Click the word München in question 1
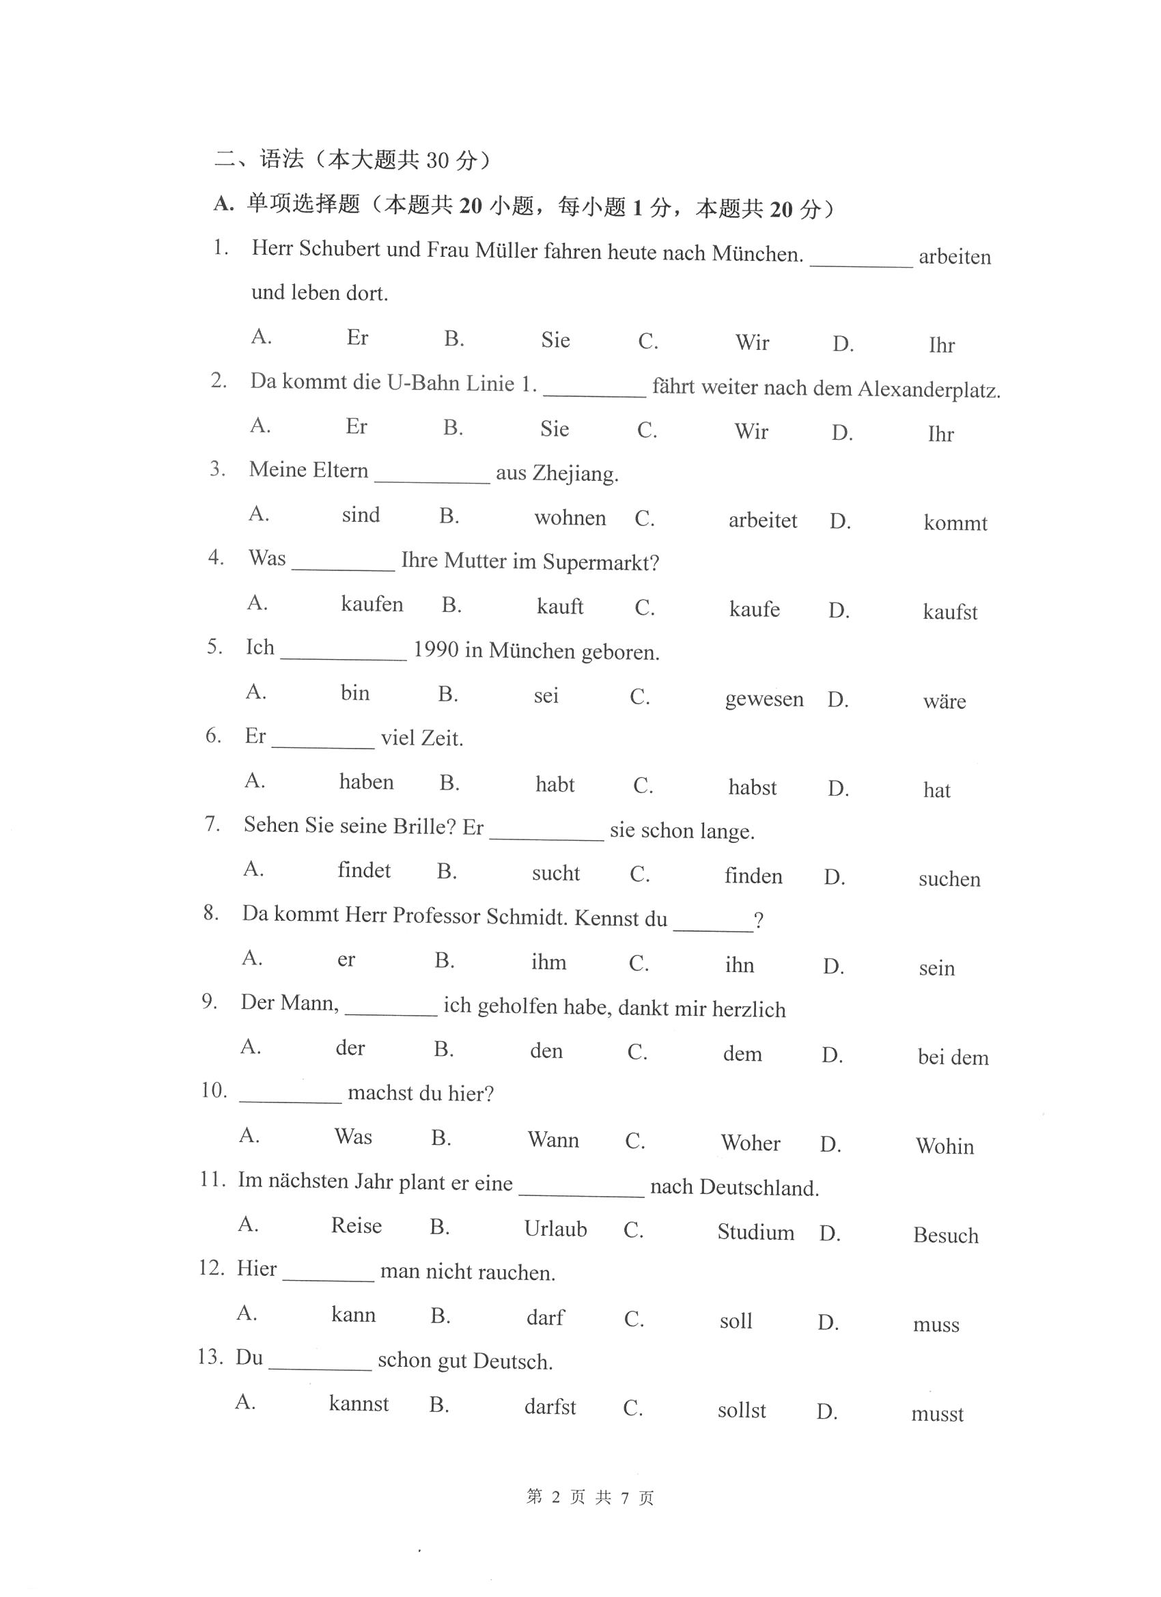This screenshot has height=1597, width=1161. [756, 253]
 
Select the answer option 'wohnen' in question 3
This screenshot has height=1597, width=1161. [570, 518]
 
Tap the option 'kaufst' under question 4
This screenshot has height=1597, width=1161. [950, 612]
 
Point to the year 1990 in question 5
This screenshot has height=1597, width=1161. [436, 649]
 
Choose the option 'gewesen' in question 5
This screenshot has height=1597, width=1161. [764, 699]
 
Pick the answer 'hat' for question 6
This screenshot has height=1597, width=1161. [936, 790]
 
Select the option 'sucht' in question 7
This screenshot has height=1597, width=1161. [555, 874]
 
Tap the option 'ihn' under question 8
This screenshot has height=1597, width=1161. [739, 964]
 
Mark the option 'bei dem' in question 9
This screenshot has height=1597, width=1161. [953, 1057]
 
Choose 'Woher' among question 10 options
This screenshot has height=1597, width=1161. [751, 1143]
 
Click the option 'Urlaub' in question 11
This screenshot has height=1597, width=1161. [555, 1230]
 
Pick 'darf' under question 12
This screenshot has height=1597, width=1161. [545, 1318]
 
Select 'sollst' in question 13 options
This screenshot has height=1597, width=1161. [742, 1411]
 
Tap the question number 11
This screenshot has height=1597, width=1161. [212, 1180]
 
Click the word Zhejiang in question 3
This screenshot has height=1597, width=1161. [574, 473]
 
